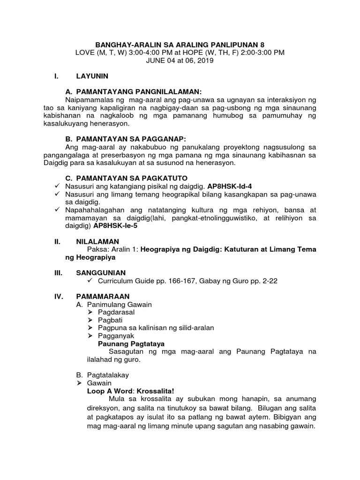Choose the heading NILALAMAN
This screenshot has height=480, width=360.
pyautogui.click(x=96, y=241)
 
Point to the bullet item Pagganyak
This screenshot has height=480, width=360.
pyautogui.click(x=116, y=336)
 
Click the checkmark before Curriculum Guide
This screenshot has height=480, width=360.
pyautogui.click(x=90, y=281)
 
